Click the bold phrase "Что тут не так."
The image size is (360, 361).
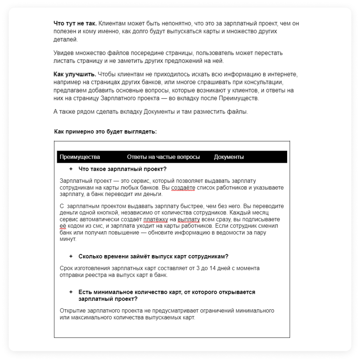coord(75,23)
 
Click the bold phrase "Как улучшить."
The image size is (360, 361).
coord(75,75)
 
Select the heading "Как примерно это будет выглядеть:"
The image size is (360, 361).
coord(105,132)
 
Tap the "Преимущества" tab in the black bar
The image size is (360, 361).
coord(80,157)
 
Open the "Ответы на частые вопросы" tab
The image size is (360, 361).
coord(163,157)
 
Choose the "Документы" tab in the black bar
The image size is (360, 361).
coord(229,157)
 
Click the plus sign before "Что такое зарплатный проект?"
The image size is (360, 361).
coord(71,169)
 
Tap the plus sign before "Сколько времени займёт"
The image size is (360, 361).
coord(71,256)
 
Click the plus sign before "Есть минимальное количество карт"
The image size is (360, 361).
coord(71,292)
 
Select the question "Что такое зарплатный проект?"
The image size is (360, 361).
coord(122,169)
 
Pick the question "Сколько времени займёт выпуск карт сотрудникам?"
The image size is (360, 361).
coord(153,256)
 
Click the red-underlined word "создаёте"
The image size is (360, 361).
coord(183,188)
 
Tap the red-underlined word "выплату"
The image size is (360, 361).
coord(189,219)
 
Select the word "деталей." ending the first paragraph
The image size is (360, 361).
coord(65,39)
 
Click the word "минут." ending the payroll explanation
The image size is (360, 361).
coord(68,239)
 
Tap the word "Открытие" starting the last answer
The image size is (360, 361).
coord(73,310)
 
